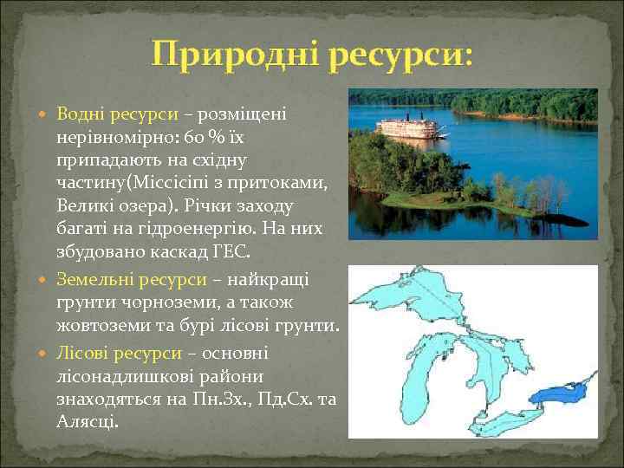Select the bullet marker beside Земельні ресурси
[x=45, y=280]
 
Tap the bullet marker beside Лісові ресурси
[x=45, y=354]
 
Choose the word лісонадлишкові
[x=122, y=376]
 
